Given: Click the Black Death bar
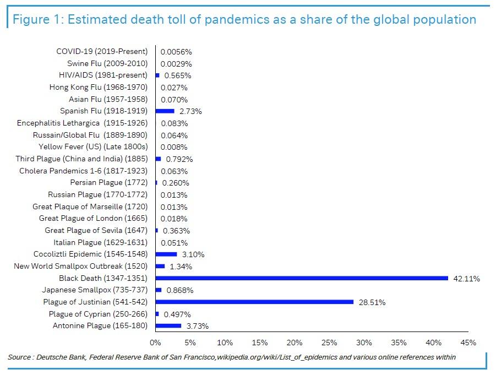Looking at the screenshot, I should pos(302,278).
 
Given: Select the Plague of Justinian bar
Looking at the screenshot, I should pos(254,302).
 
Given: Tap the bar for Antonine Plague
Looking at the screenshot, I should pos(168,326).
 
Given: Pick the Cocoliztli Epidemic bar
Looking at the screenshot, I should pos(166,254).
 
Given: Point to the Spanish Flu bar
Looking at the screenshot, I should pos(165,111).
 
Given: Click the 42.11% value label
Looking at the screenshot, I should pos(466,279).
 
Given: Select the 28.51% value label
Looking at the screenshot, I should pos(372,302).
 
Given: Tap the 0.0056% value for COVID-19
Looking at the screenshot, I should pos(176,52).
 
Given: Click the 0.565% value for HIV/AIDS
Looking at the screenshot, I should pos(178,75).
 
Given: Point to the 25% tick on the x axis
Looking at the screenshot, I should pos(329,343).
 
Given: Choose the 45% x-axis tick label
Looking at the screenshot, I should pos(468,343).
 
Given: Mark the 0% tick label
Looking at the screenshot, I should pos(156,343).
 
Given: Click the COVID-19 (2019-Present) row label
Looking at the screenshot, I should pos(102,51).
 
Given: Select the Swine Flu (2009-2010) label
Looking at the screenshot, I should pos(107,63).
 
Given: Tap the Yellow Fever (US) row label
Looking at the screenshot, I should pos(93,147).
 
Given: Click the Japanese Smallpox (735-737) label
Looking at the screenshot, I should pos(95,290).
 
